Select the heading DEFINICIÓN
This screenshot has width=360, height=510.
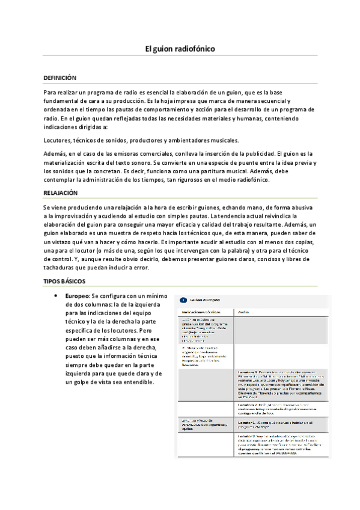coord(61,78)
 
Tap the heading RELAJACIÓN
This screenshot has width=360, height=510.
coord(61,193)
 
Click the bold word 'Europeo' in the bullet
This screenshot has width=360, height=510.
coord(77,296)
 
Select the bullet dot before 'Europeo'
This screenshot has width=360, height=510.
coord(56,296)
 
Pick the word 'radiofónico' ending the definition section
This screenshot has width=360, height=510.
coord(254,180)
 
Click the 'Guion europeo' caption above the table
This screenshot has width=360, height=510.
coord(205,299)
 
